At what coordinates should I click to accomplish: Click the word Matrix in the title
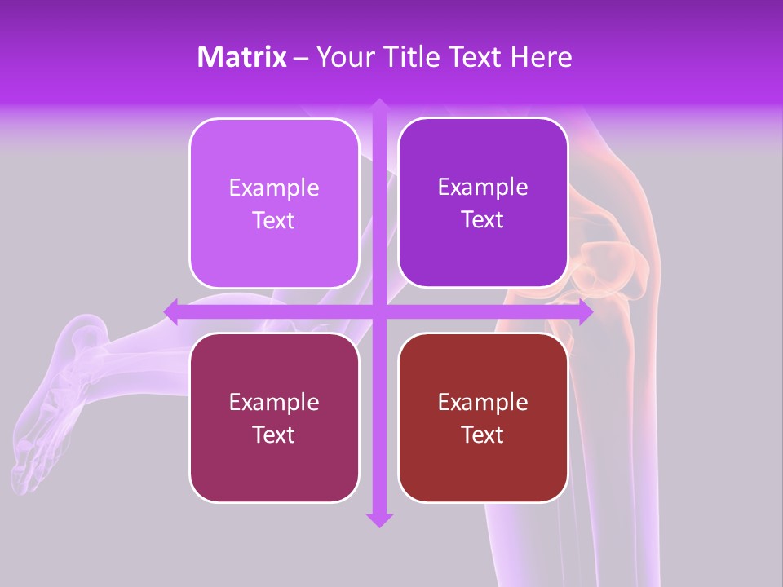point(241,57)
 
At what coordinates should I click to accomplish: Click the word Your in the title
point(343,57)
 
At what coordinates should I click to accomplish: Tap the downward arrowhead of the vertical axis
point(378,519)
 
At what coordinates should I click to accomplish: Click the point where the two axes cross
point(378,311)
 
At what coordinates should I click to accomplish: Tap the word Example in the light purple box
point(274,188)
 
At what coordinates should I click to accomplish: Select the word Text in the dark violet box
point(483,220)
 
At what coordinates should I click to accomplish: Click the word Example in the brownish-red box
point(483,402)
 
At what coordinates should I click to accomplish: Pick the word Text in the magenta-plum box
point(274,435)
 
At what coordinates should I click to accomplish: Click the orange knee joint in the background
point(608,269)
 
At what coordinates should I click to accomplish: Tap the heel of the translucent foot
point(82,334)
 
